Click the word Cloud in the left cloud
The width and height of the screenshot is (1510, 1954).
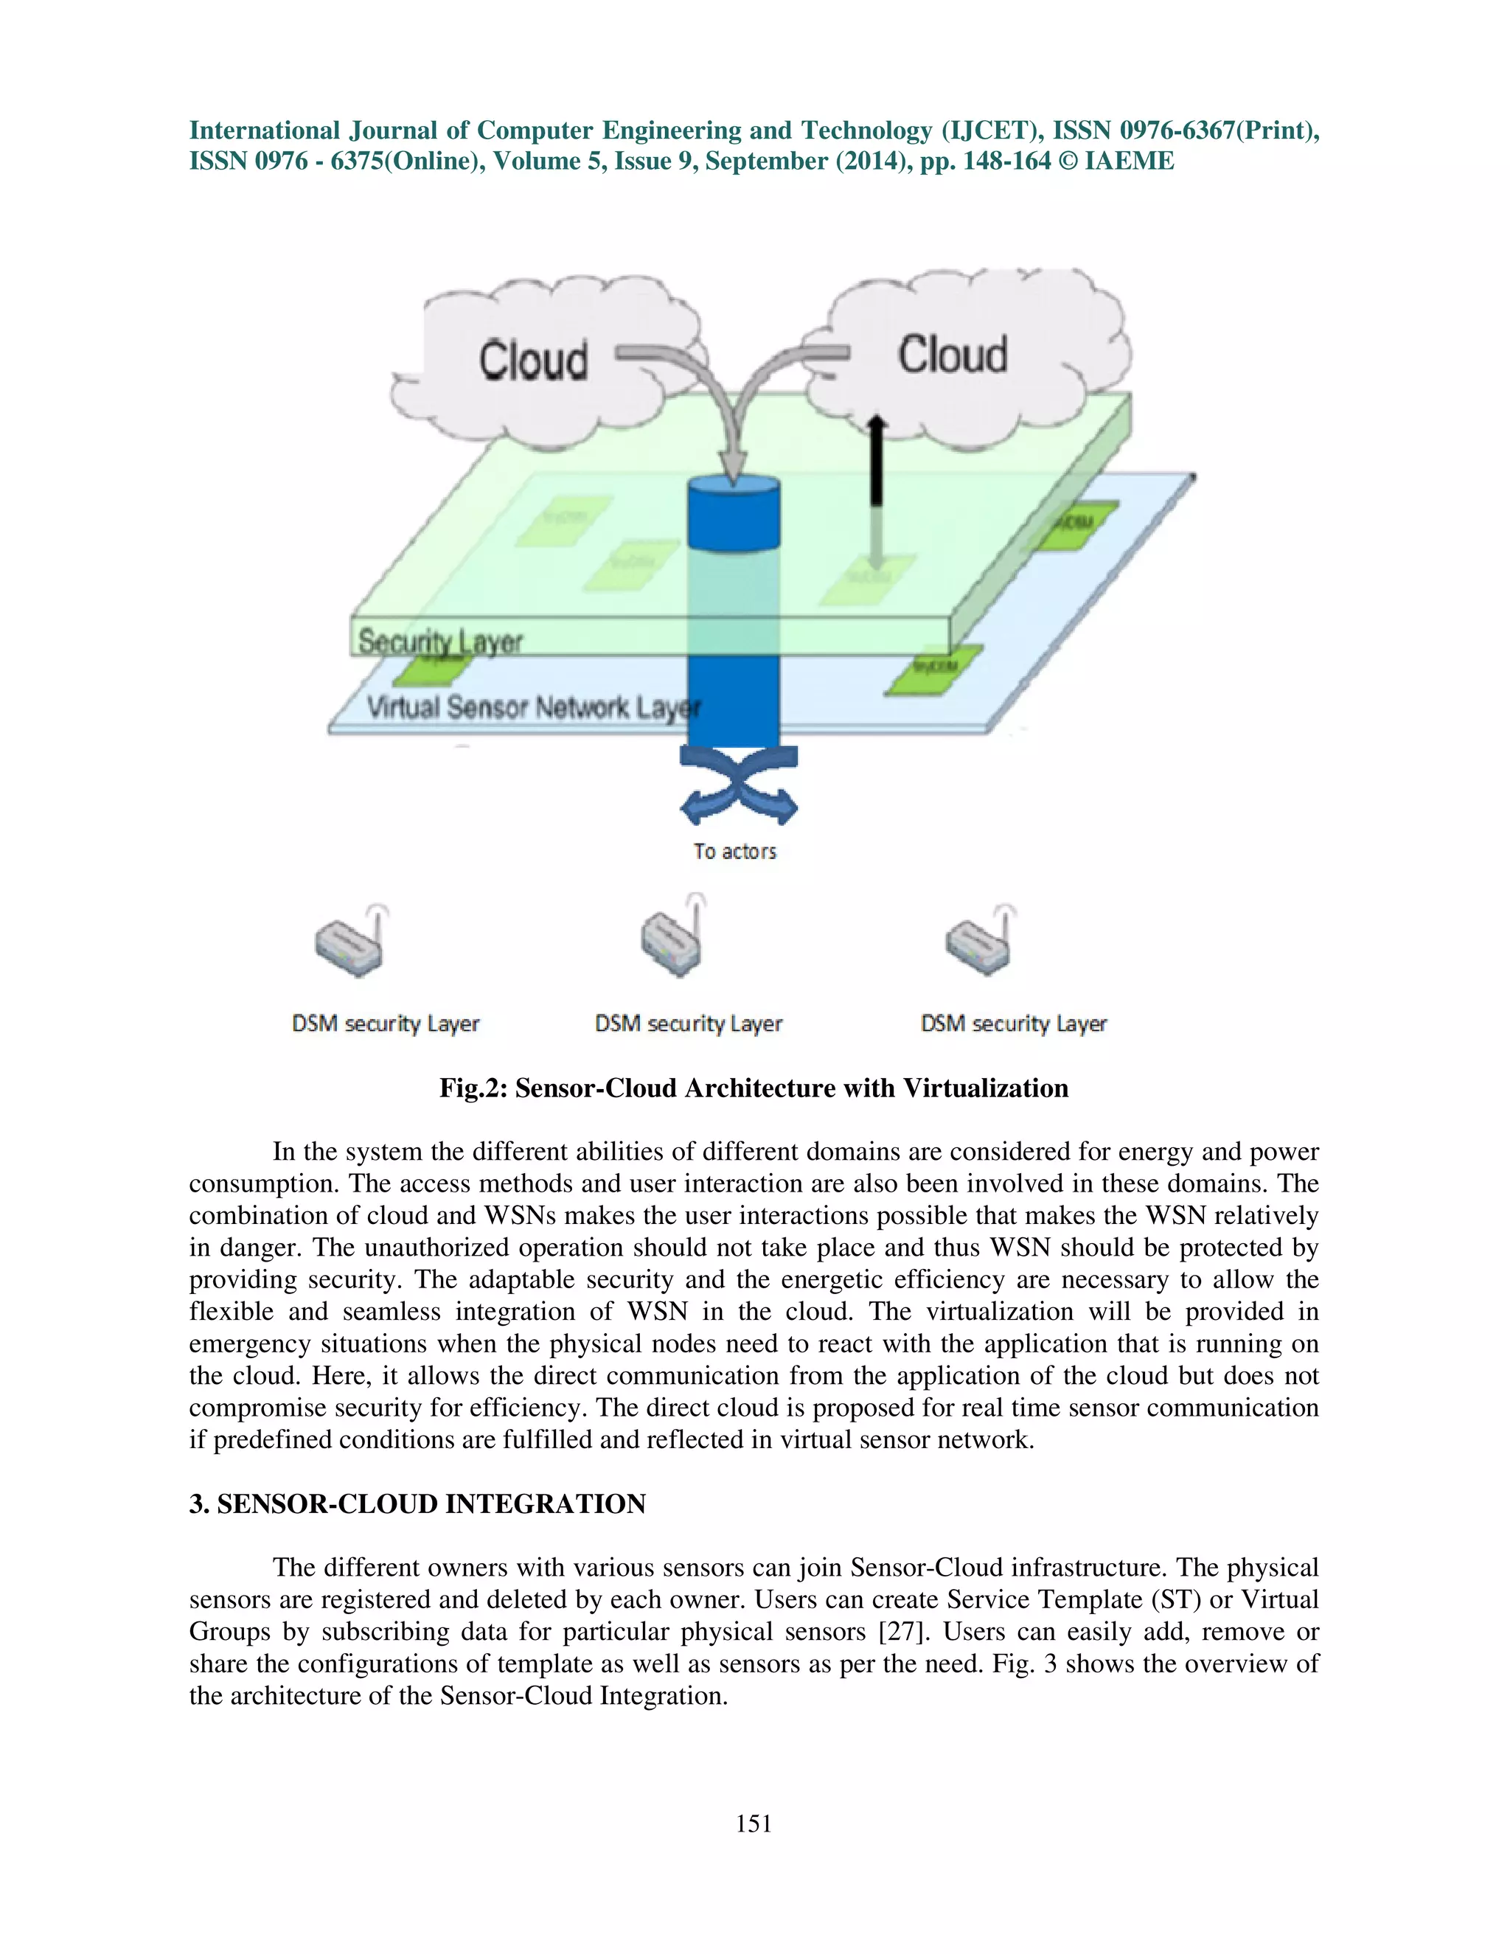533,361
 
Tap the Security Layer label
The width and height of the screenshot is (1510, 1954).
440,642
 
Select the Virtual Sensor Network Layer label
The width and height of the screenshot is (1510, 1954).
533,708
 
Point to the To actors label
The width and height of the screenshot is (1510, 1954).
734,852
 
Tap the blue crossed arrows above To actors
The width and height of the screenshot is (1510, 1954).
738,785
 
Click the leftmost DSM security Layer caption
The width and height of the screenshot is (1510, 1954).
386,1023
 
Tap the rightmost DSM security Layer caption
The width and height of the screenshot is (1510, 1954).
1014,1023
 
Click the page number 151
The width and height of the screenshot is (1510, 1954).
754,1824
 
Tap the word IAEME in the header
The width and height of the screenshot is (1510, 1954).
1129,161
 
